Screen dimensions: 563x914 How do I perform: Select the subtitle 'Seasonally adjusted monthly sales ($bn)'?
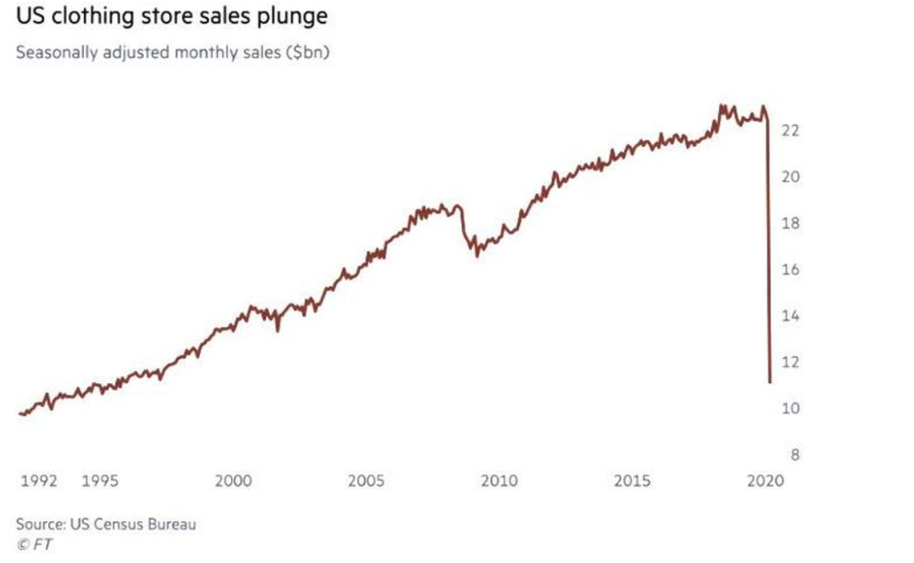pos(171,55)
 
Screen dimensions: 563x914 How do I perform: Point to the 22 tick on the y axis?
pos(791,131)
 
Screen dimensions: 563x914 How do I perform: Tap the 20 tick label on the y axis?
pos(791,177)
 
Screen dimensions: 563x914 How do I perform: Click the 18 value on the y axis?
pos(791,224)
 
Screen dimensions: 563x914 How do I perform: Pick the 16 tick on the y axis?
pos(791,270)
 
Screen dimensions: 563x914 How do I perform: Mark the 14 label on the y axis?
pos(791,316)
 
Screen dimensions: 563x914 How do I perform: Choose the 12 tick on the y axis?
pos(791,362)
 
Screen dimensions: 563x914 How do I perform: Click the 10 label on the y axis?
pos(791,408)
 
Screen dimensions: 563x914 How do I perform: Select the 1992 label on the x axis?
pos(38,481)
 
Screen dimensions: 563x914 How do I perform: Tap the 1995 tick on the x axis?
pos(101,481)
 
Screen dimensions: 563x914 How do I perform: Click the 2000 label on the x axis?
pos(233,481)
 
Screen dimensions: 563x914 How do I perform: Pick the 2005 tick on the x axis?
pos(366,481)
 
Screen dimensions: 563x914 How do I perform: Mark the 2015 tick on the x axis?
pos(632,481)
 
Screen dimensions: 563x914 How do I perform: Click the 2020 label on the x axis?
pos(764,481)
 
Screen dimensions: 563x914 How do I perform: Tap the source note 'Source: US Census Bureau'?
pos(106,525)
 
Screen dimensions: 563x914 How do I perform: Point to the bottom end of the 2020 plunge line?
pos(770,381)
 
